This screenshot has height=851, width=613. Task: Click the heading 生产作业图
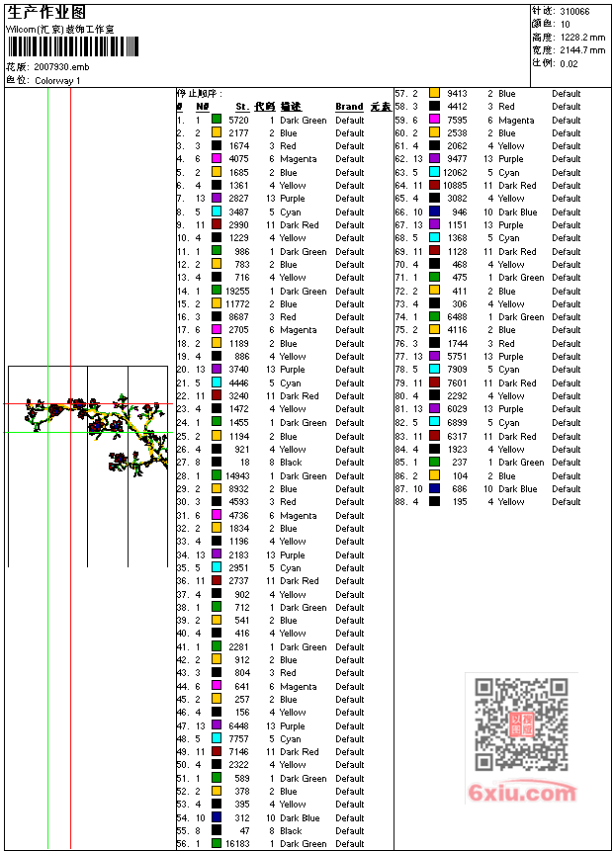tap(46, 12)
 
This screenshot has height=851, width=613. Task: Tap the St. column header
tap(241, 107)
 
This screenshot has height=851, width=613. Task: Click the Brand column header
tap(349, 107)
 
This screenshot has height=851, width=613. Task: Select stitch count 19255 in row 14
tap(237, 292)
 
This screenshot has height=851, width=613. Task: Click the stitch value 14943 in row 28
tap(237, 475)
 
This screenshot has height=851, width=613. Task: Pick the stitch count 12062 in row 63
tap(455, 172)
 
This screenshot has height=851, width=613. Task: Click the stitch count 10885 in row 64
tap(455, 186)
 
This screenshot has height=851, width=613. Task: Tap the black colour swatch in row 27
tap(217, 463)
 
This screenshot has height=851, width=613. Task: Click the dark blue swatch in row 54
tap(217, 817)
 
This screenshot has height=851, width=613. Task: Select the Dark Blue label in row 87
tap(518, 488)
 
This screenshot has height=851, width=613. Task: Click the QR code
tap(521, 724)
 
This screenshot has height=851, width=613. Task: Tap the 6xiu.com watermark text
tap(522, 793)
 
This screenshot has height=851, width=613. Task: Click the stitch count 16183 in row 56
tap(237, 844)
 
